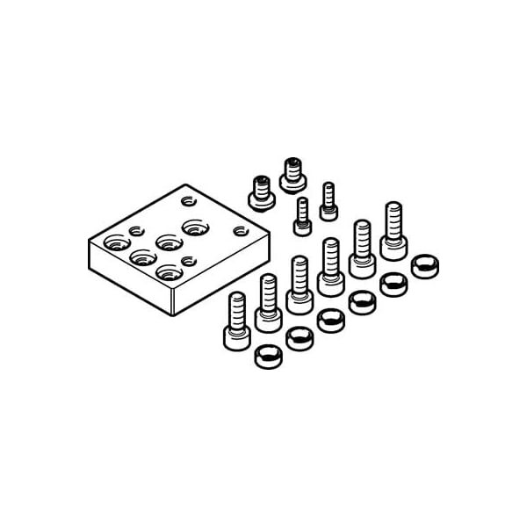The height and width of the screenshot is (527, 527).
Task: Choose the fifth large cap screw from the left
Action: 362,249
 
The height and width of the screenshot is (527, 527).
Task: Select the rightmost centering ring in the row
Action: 425,265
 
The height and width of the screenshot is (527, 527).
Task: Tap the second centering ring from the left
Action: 299,338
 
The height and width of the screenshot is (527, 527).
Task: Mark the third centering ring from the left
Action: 330,320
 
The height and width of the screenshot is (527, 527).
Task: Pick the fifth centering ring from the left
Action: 393,284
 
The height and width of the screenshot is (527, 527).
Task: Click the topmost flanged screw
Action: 292,174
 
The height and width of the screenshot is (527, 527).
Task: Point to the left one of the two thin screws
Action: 302,216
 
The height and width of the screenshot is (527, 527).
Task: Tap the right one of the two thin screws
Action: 328,199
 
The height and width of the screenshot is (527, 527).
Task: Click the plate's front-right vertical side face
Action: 220,272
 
